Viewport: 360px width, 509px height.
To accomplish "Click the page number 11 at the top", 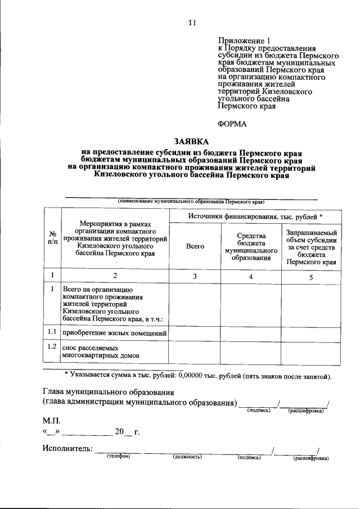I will [x=192, y=22].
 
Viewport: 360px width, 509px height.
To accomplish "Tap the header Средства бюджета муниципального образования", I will [x=250, y=245].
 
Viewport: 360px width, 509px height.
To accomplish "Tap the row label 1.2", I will [x=52, y=348].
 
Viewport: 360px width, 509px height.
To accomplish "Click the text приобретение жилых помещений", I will [x=115, y=334].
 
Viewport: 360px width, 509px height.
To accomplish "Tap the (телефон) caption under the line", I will [x=119, y=457].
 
